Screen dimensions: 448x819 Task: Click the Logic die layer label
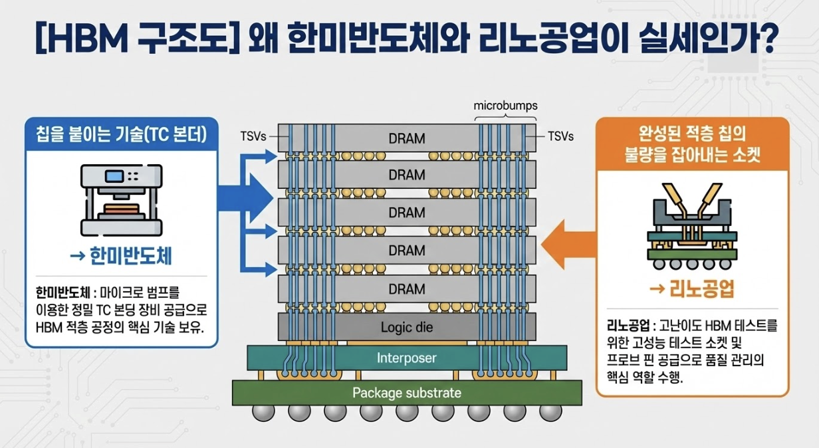pyautogui.click(x=407, y=328)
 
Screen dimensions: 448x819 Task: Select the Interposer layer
pyautogui.click(x=407, y=358)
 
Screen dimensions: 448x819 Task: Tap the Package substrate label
pyautogui.click(x=407, y=392)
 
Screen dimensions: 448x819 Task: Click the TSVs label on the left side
pyautogui.click(x=253, y=137)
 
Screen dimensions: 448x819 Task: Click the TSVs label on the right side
pyautogui.click(x=560, y=137)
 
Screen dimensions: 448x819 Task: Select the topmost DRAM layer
pyautogui.click(x=407, y=138)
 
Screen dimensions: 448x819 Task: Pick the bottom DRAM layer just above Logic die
pyautogui.click(x=407, y=289)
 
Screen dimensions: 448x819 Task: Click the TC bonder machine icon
pyautogui.click(x=121, y=200)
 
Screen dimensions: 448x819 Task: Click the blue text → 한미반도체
pyautogui.click(x=121, y=256)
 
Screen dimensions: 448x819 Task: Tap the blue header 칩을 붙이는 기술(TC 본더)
pyautogui.click(x=121, y=134)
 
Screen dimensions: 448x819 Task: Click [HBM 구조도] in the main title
pyautogui.click(x=126, y=41)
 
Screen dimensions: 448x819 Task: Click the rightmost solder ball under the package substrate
pyautogui.click(x=549, y=413)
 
